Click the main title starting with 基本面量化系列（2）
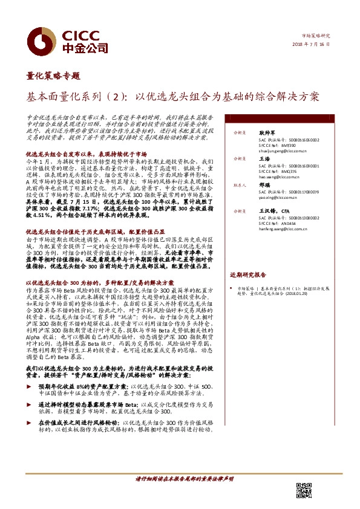click(173, 96)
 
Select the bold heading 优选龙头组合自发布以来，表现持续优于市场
click(84, 154)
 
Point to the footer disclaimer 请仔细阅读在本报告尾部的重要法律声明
click(180, 479)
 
